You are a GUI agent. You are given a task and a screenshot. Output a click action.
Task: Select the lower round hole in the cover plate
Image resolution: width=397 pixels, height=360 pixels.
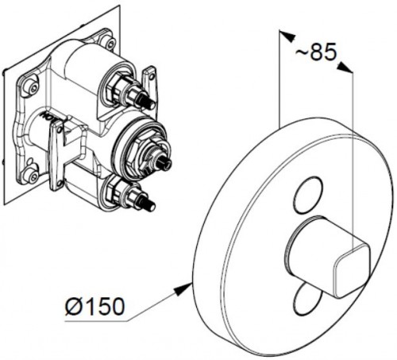click(304, 300)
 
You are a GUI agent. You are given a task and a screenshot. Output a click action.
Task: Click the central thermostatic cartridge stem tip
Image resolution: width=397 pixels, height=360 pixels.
click(165, 163)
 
